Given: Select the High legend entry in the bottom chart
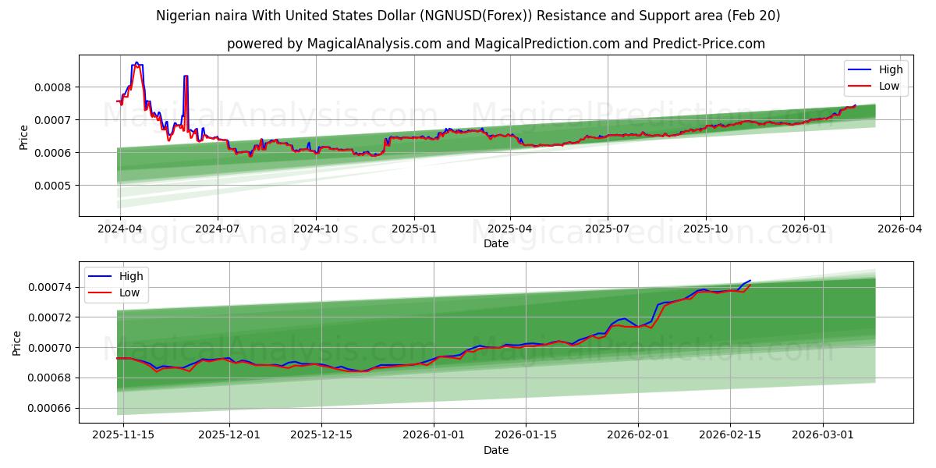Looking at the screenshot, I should (130, 276).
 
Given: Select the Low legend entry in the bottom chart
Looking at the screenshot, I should (129, 292).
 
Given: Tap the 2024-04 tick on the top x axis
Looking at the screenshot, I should (119, 229).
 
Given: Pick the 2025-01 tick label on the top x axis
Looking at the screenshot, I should (413, 229).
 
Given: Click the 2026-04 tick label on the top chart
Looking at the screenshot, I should (900, 229).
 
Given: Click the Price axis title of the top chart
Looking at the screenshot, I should (23, 136).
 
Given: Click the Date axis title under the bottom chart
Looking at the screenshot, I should (495, 450).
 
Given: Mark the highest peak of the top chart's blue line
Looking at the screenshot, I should (136, 62).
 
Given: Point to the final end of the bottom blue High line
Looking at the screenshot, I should (750, 280).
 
